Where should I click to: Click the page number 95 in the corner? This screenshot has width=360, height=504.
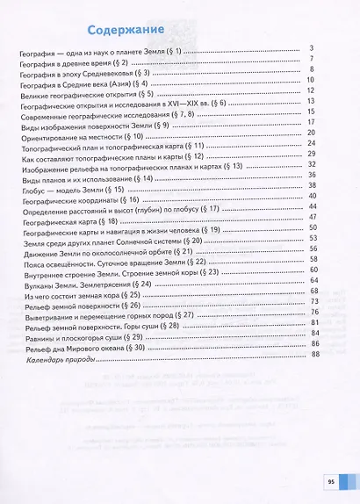[331, 480]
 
